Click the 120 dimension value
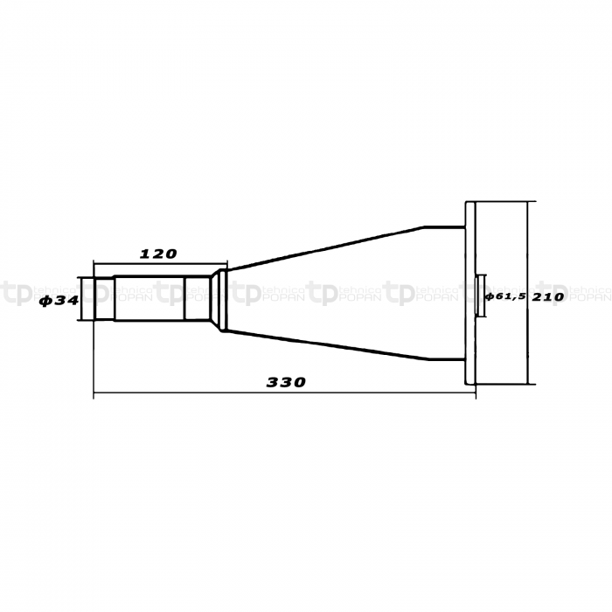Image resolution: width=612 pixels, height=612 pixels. tap(158, 254)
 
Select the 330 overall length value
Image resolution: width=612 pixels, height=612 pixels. tap(286, 383)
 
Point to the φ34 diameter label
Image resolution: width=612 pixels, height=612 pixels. tap(59, 301)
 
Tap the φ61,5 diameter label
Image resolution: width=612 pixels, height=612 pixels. tap(504, 297)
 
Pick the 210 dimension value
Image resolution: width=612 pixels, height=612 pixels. tap(548, 297)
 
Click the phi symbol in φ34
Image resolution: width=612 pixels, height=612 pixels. tap(45, 301)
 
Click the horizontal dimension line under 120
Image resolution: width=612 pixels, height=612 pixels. tap(158, 263)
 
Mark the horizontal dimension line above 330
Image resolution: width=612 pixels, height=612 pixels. tap(286, 393)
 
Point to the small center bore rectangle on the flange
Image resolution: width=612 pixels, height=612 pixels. tap(480, 297)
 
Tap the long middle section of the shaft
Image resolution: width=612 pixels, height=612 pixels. tap(149, 300)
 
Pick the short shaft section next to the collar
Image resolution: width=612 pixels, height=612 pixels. tap(198, 300)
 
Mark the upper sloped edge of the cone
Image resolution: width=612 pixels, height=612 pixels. tap(323, 247)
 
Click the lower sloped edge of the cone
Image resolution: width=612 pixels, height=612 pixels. tap(323, 345)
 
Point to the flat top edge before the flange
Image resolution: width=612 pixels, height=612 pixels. tap(442, 226)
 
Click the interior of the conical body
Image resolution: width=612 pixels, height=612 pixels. tap(350, 297)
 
